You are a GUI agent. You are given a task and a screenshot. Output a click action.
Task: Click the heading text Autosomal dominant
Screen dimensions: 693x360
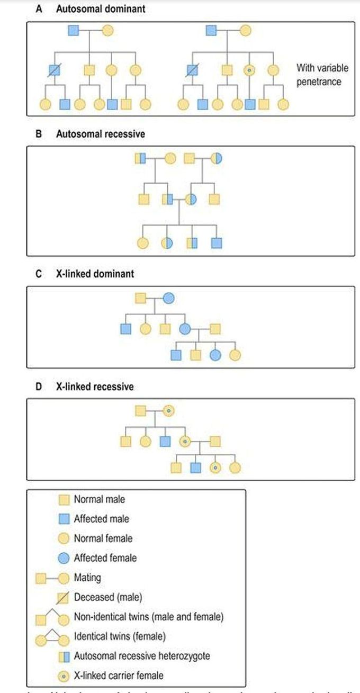pyautogui.click(x=101, y=9)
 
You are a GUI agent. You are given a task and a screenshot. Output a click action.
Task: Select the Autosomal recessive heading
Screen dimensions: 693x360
pyautogui.click(x=101, y=134)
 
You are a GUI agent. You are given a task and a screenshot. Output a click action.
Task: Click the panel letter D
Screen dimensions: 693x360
pyautogui.click(x=38, y=386)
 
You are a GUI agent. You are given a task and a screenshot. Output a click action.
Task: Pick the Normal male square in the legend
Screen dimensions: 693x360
pyautogui.click(x=64, y=499)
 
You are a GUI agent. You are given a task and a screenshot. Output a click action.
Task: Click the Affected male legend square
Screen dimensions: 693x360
pyautogui.click(x=64, y=519)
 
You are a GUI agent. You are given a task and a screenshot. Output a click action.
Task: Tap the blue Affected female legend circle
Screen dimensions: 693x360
pyautogui.click(x=64, y=558)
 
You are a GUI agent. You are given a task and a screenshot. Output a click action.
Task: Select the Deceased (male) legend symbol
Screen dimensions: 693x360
pyautogui.click(x=64, y=597)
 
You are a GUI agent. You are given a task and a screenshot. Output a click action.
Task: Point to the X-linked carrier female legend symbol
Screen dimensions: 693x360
pyautogui.click(x=64, y=675)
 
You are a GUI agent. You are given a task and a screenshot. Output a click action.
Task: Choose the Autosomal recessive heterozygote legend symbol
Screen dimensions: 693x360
pyautogui.click(x=64, y=656)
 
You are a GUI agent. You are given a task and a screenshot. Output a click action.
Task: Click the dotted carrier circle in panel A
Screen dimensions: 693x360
pyautogui.click(x=249, y=69)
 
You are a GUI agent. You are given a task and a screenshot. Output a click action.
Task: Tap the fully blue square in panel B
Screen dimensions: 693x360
pyautogui.click(x=217, y=243)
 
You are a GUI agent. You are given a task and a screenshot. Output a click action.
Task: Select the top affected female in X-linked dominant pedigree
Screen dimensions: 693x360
pyautogui.click(x=168, y=299)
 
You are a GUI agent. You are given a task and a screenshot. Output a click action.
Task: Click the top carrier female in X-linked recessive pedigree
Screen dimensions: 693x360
pyautogui.click(x=168, y=410)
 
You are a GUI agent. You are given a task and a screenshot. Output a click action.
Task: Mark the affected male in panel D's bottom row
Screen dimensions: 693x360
pyautogui.click(x=196, y=467)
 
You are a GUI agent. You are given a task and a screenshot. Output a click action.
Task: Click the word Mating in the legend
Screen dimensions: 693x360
pyautogui.click(x=88, y=578)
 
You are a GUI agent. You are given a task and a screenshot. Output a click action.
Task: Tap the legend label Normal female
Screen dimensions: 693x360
pyautogui.click(x=103, y=538)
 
